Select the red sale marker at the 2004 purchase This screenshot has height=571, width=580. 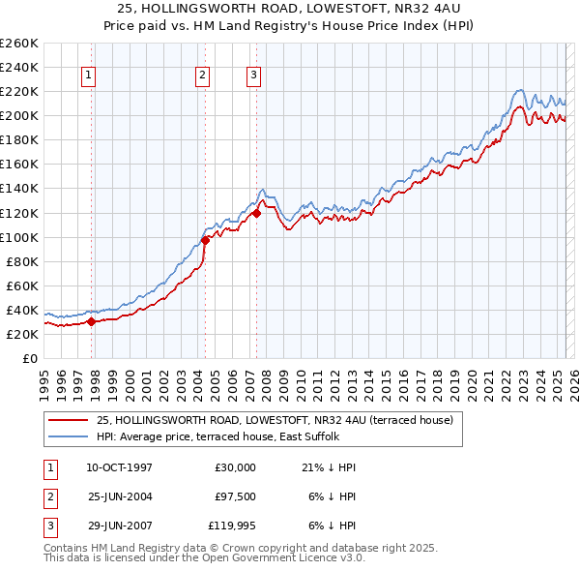pos(206,240)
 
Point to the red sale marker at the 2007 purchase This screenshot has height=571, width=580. pos(257,213)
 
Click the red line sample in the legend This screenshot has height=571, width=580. pos(67,420)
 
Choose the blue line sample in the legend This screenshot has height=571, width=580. pos(67,436)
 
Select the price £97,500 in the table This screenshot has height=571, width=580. pos(235,497)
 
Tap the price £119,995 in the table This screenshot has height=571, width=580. pos(232,527)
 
